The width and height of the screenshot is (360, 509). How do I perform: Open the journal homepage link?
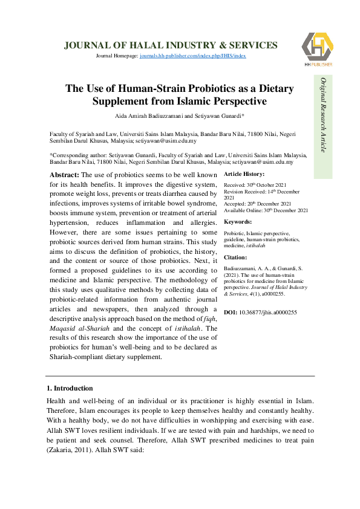pyautogui.click(x=192, y=56)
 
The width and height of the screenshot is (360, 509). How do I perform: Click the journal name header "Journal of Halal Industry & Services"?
pyautogui.click(x=171, y=45)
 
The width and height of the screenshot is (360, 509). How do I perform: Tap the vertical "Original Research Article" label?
pyautogui.click(x=323, y=114)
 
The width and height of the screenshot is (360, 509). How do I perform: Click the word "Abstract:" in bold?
pyautogui.click(x=64, y=175)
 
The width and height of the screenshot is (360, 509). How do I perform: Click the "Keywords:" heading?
pyautogui.click(x=237, y=222)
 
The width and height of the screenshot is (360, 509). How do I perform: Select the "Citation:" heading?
pyautogui.click(x=236, y=258)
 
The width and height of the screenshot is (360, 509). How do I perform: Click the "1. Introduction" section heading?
pyautogui.click(x=70, y=388)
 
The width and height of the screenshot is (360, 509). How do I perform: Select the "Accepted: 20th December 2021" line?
pyautogui.click(x=258, y=204)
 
